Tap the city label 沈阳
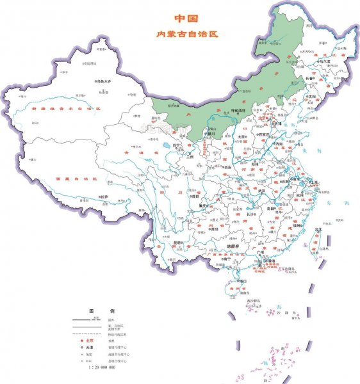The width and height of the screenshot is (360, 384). coord(313,97)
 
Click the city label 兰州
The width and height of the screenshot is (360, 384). coord(187,156)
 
